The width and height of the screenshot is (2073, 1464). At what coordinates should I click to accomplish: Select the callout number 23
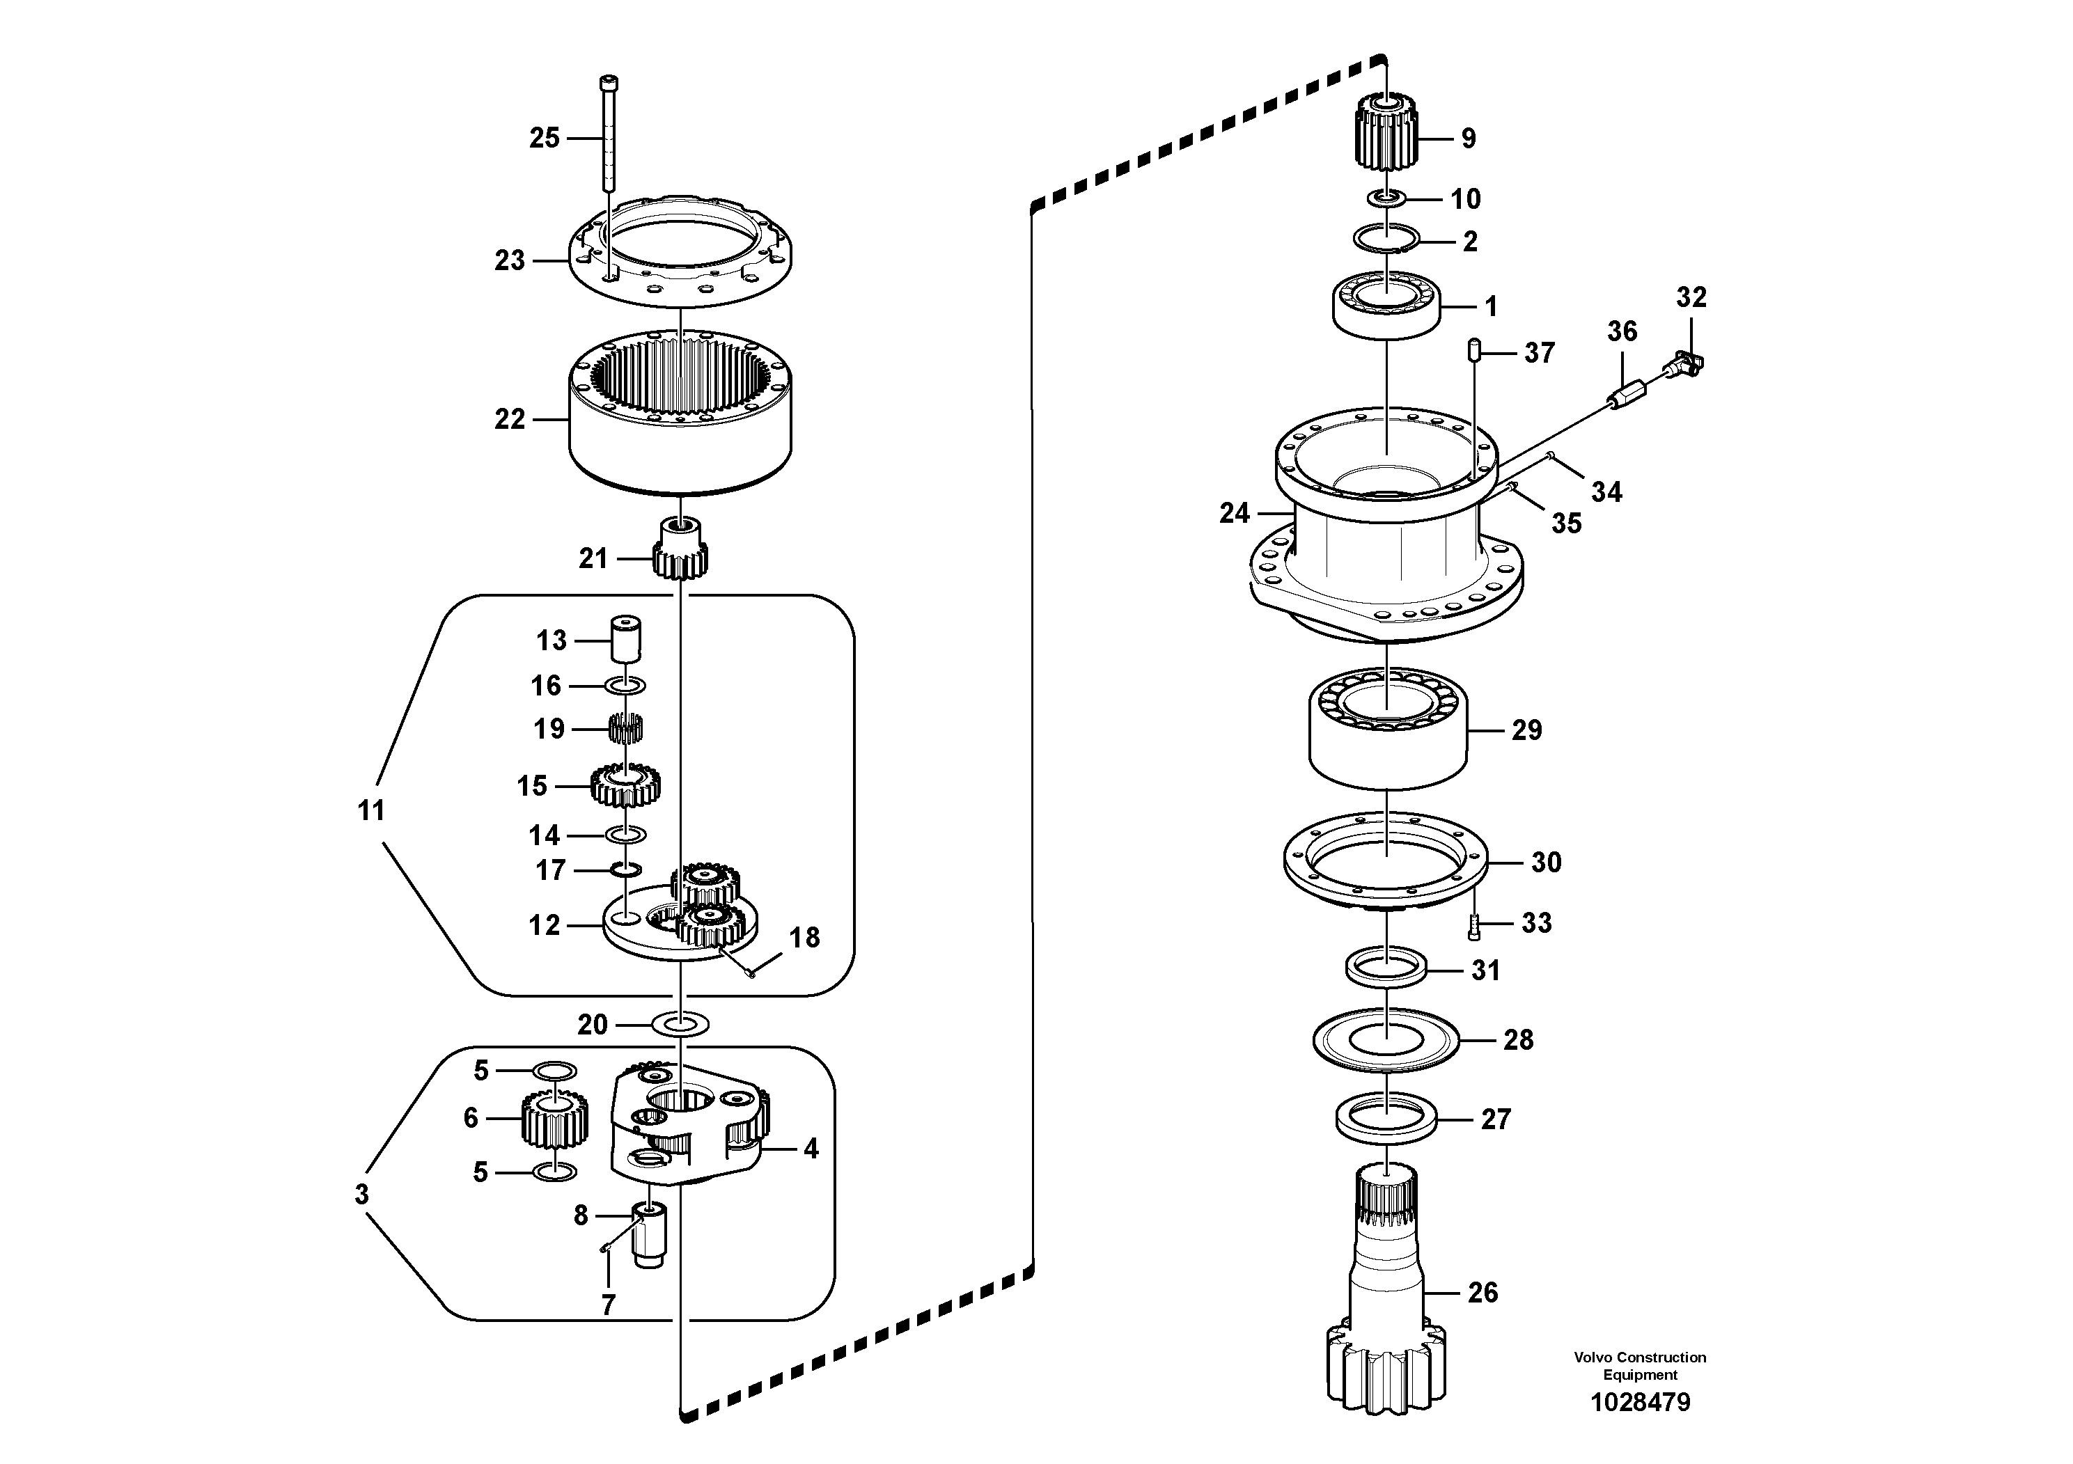(509, 261)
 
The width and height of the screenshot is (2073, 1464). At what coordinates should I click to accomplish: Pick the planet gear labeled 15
(625, 786)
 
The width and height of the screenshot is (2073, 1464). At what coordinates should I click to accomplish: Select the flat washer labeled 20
(680, 1025)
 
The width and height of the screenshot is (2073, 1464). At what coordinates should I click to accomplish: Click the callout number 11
(371, 810)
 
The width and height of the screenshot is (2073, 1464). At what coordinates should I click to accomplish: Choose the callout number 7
(608, 1305)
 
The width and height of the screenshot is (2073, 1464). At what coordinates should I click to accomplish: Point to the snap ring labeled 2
(1387, 238)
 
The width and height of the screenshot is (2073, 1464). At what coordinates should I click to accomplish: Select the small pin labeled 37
(1473, 350)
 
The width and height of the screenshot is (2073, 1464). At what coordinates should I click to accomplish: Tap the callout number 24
(1233, 514)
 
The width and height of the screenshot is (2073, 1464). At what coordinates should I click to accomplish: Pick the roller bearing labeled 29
(1388, 730)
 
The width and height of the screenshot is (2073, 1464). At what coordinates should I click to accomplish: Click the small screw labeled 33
(1474, 925)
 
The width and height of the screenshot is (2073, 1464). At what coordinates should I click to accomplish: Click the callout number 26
(1483, 1293)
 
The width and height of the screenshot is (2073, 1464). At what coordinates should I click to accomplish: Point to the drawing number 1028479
(1640, 1402)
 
